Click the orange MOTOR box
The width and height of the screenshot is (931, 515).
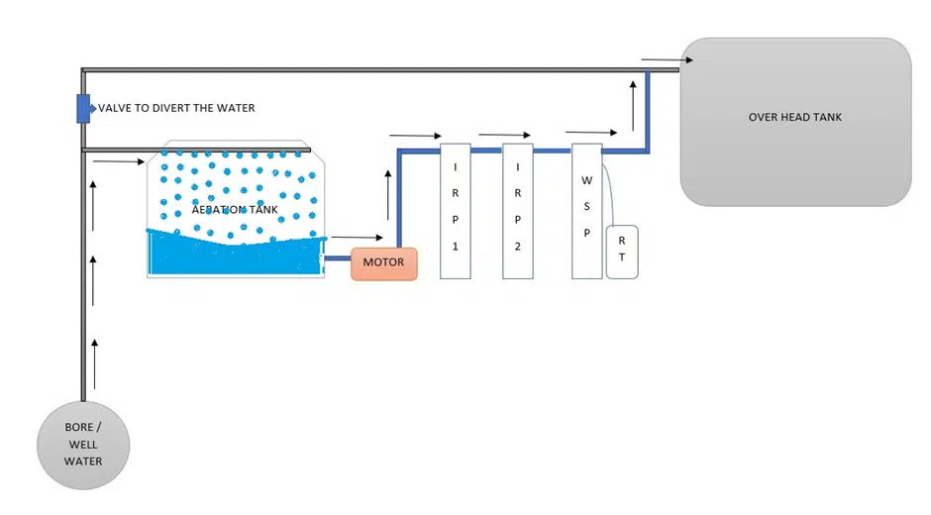point(384,263)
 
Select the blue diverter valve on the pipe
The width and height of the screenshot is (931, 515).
point(83,108)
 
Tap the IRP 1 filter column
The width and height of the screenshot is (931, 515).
point(455,211)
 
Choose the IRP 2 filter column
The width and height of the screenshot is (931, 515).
point(517,211)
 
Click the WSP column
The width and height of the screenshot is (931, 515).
point(586,211)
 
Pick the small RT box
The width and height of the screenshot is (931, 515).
point(621,252)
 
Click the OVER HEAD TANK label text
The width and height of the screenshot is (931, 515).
point(794,117)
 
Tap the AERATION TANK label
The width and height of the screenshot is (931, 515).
point(235,210)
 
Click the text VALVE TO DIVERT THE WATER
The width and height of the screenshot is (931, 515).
point(176,108)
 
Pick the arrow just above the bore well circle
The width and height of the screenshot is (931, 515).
point(95,363)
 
